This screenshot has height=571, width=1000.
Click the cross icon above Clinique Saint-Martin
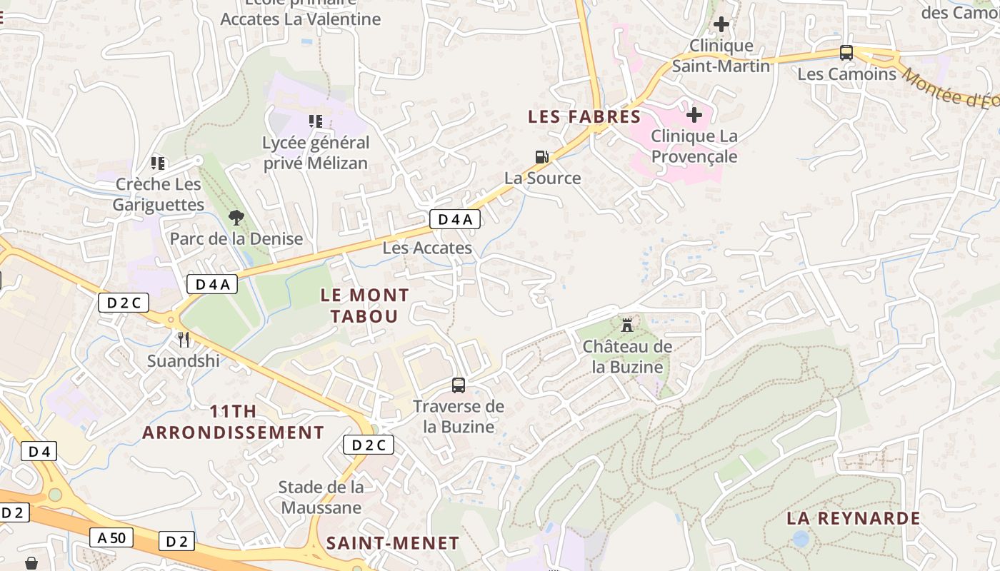coord(721,24)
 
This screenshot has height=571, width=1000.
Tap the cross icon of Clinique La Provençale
coord(694,114)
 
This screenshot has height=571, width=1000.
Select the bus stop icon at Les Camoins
coord(846,52)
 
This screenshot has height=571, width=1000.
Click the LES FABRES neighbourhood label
coord(584,116)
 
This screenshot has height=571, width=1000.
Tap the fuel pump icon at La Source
coord(542,156)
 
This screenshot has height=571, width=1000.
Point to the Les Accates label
coord(427,248)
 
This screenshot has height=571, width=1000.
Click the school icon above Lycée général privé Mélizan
coord(315,121)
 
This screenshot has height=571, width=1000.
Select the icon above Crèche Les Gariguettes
coord(159,163)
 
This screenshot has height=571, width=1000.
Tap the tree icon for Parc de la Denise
coord(236,217)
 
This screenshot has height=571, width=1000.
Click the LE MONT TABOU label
coord(364,305)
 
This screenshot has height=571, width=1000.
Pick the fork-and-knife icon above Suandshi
coord(184,339)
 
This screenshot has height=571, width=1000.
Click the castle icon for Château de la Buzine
coord(627,325)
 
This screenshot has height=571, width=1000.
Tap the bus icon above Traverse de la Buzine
coord(459,385)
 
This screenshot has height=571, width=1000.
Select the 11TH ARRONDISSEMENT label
coord(233,422)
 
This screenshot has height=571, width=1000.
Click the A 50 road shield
coord(111,537)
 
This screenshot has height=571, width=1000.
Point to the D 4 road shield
coord(39,451)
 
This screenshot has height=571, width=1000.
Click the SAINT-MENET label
coord(392,543)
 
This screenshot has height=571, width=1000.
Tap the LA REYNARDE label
coord(853,518)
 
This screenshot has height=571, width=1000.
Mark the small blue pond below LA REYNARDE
coord(801,539)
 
